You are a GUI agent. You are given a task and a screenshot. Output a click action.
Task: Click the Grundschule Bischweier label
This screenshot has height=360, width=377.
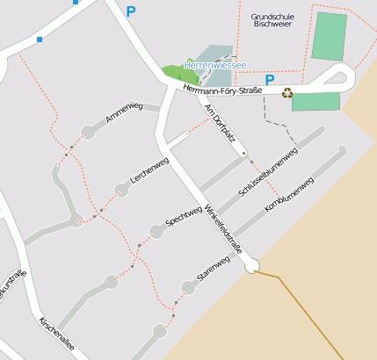tap(271, 21)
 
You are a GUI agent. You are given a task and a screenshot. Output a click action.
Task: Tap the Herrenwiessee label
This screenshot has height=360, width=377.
tap(215, 65)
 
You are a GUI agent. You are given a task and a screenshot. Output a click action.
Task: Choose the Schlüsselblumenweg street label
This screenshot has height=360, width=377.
tap(268, 172)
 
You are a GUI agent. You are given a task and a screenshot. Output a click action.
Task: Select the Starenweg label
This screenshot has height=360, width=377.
tap(214, 270)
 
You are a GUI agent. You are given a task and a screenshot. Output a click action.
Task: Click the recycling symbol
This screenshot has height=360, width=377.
tap(287, 91)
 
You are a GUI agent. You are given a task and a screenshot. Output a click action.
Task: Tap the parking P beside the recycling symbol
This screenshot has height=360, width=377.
tap(271, 80)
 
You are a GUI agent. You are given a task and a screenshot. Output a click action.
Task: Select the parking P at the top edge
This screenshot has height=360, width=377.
tap(131, 11)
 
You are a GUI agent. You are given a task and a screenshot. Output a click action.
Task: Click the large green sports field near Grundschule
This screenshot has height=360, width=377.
tap(330, 36)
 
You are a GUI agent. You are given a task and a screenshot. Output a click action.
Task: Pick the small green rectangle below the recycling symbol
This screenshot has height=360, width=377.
tap(315, 102)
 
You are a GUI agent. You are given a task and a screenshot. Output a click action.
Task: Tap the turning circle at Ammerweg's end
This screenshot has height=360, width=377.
tap(88, 133)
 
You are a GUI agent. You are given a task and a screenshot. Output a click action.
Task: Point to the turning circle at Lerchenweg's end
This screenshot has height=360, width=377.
tap(121, 190)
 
